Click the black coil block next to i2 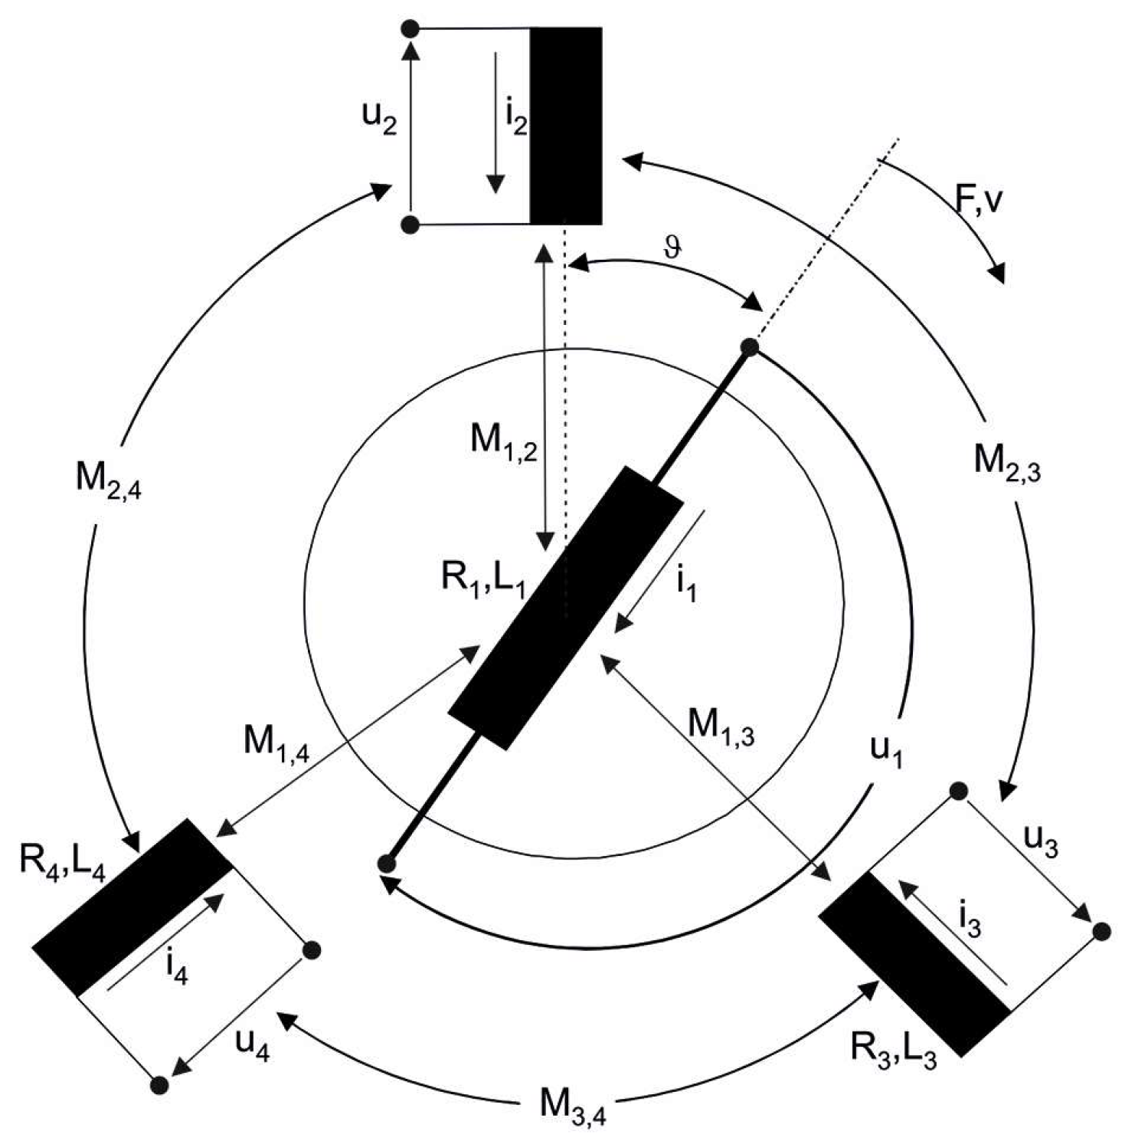pyautogui.click(x=566, y=126)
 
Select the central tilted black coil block pyautogui.click(x=566, y=608)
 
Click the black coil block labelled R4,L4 pyautogui.click(x=132, y=907)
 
